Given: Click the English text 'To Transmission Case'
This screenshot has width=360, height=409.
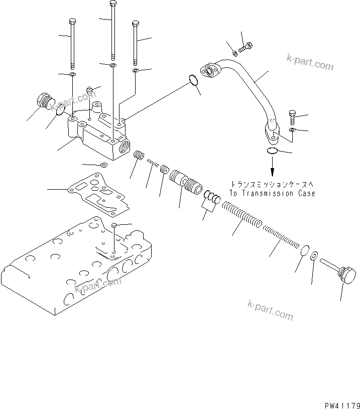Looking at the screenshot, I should pyautogui.click(x=272, y=193).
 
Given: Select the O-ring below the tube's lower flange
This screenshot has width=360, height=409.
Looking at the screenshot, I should pyautogui.click(x=272, y=152).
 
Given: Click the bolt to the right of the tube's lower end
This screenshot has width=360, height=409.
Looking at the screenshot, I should pyautogui.click(x=293, y=118).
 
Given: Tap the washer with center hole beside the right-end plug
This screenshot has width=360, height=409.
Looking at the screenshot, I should pyautogui.click(x=313, y=256).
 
